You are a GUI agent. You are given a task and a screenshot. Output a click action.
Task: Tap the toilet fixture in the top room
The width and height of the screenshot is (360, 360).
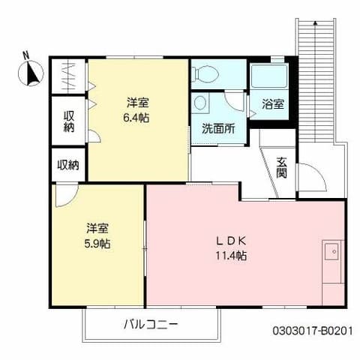(x=203, y=74)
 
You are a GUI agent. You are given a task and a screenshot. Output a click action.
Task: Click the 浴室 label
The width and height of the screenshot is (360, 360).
(x=273, y=104)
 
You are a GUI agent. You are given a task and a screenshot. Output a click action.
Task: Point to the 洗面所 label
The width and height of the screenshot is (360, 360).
(x=217, y=127)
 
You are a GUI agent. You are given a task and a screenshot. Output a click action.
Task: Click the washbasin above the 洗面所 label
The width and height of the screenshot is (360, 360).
(x=200, y=103)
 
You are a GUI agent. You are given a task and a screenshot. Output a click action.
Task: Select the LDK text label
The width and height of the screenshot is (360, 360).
(x=232, y=241)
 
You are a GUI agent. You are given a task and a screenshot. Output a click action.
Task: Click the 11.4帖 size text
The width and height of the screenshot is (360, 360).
(x=232, y=256)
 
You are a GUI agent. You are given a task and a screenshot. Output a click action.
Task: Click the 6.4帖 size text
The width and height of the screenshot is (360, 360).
(x=137, y=117)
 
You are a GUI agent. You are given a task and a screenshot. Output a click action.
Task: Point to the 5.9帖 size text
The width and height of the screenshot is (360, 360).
(x=97, y=243)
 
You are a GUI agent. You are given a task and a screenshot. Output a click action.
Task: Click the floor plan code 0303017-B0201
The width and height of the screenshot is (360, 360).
(x=311, y=329)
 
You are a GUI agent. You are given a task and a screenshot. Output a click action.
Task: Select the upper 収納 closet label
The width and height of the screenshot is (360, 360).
(x=69, y=121)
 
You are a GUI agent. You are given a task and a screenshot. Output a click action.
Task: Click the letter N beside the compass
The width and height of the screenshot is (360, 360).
(x=25, y=55)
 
